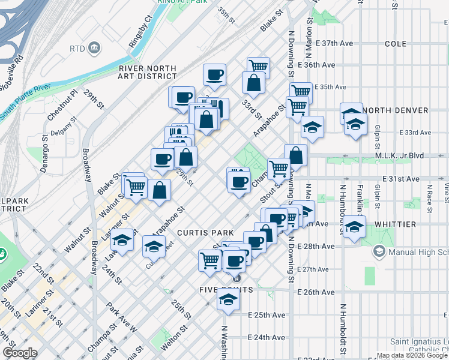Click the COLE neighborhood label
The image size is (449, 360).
point(396,44)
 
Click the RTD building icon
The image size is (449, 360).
point(94,47)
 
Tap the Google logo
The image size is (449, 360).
point(20,353)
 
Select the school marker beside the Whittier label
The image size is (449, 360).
point(354,227)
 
